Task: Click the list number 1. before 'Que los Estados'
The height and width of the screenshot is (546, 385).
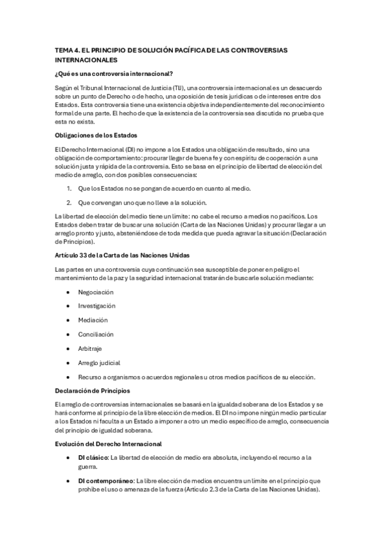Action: click(x=69, y=188)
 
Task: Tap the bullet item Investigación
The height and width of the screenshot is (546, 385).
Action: click(x=97, y=305)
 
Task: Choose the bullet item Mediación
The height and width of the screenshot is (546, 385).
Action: click(x=93, y=320)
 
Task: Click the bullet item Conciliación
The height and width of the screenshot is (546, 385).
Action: click(x=96, y=334)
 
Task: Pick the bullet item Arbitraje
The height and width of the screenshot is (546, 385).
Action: click(x=91, y=348)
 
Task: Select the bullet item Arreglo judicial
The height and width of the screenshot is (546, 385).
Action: click(x=100, y=362)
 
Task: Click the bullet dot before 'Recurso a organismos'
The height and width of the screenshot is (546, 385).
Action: click(x=69, y=377)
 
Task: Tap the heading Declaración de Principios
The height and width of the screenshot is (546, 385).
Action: click(x=93, y=390)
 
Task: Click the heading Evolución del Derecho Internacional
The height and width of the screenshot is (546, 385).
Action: click(x=109, y=444)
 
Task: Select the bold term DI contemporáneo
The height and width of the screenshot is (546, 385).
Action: click(x=105, y=480)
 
